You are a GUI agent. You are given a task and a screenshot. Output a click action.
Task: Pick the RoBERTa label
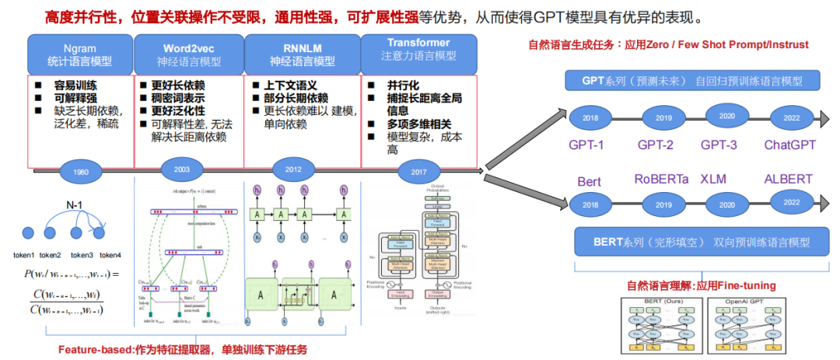pos(662,179)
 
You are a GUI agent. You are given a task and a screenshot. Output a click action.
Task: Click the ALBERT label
pos(788,179)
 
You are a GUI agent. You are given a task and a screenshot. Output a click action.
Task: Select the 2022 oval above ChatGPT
pos(790,117)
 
